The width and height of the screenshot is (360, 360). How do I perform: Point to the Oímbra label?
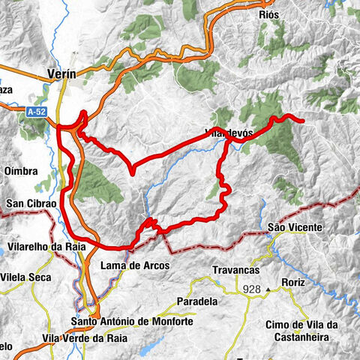click(x=21, y=172)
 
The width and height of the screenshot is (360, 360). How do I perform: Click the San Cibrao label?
click(x=26, y=203)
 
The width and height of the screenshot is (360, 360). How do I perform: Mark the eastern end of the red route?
click(x=302, y=120)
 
